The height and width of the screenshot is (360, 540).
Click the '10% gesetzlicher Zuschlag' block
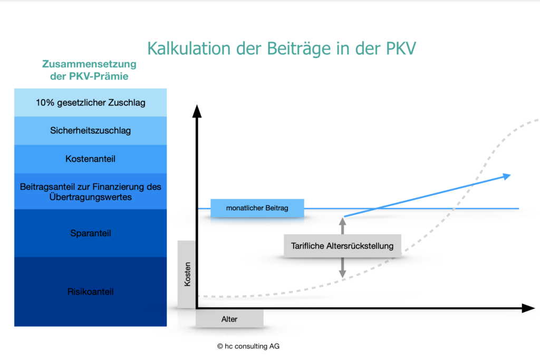pyautogui.click(x=90, y=103)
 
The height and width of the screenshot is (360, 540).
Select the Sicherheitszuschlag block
pyautogui.click(x=90, y=131)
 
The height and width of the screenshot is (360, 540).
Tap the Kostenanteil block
pyautogui.click(x=90, y=159)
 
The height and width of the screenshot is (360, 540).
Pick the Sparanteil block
pyautogui.click(x=90, y=233)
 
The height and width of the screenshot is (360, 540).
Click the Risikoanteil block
pyautogui.click(x=90, y=291)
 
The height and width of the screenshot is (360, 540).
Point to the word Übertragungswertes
pyautogui.click(x=91, y=197)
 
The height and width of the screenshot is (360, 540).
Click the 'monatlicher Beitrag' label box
pyautogui.click(x=257, y=208)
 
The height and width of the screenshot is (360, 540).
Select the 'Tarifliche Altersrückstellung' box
pyautogui.click(x=342, y=246)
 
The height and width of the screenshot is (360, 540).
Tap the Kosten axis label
pyautogui.click(x=187, y=274)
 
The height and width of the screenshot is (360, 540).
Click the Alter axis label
pyautogui.click(x=229, y=319)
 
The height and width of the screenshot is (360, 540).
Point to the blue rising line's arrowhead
pyautogui.click(x=507, y=177)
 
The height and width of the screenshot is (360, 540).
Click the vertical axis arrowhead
pyautogui.click(x=197, y=111)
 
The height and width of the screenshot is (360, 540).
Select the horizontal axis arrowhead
pyautogui.click(x=528, y=308)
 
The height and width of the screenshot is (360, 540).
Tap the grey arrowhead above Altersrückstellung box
pyautogui.click(x=342, y=221)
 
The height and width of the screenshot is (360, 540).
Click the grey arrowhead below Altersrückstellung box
pyautogui.click(x=342, y=274)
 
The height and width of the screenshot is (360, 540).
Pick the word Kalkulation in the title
pyautogui.click(x=189, y=48)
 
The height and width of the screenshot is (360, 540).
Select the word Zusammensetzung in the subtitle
pyautogui.click(x=89, y=64)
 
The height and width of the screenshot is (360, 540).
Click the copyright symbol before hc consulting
pyautogui.click(x=220, y=346)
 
